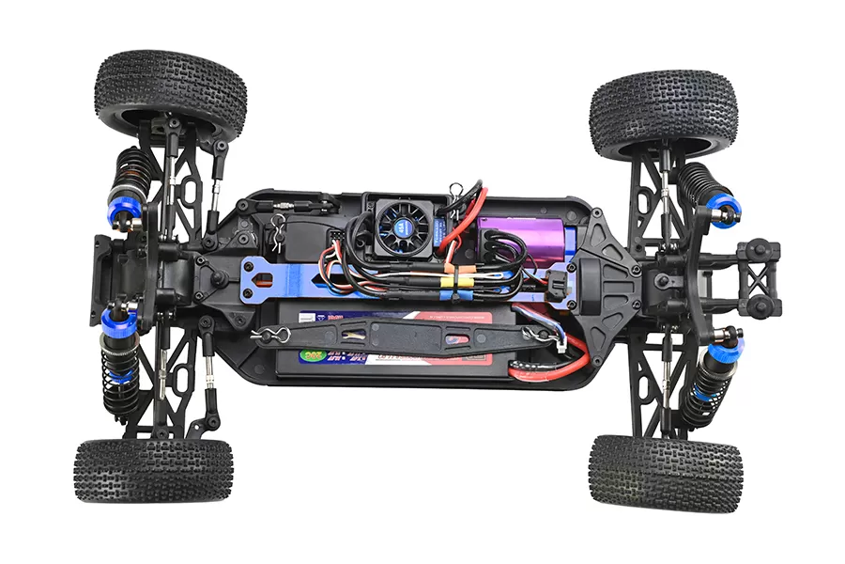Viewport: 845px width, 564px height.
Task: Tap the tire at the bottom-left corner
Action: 154,469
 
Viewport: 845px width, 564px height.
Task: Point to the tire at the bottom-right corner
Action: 665,472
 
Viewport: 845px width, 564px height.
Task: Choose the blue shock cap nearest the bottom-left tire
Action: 123,321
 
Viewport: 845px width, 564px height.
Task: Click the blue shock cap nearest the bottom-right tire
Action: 719,354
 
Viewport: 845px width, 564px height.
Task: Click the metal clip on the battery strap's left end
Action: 268,333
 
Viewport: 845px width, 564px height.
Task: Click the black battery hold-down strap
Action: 404,333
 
